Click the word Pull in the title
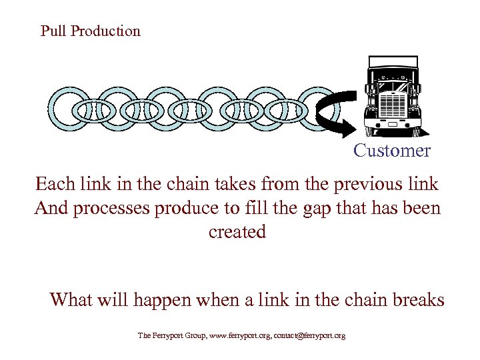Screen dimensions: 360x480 tap(53, 31)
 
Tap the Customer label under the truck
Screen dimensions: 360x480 tap(392, 151)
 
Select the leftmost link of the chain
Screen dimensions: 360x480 tap(67, 108)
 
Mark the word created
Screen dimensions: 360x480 tap(237, 232)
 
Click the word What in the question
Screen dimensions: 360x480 tap(71, 300)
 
